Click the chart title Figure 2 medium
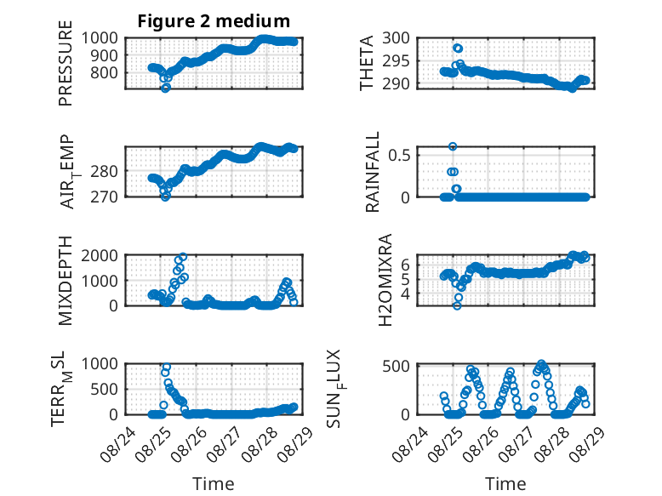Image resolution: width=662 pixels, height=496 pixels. pos(214,21)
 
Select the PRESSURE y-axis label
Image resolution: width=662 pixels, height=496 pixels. pos(66,63)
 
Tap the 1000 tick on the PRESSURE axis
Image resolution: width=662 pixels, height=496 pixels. pos(100,38)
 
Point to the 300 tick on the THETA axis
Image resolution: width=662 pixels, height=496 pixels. pos(396,38)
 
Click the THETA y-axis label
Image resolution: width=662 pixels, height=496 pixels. pos(367,63)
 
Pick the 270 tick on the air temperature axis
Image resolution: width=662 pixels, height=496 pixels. pos(105,197)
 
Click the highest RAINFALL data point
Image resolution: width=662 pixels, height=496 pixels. pos(453,146)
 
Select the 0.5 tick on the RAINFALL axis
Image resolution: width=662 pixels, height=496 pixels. pos(399,155)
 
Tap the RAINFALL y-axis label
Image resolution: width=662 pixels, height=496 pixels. pos(373,172)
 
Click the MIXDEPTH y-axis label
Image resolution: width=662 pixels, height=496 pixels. pos(66,281)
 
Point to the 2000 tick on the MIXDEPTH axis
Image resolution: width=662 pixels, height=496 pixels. pos(100,255)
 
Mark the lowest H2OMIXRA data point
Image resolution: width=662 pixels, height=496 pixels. pos(457,305)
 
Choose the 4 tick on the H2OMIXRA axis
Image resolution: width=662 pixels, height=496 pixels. pos(405,293)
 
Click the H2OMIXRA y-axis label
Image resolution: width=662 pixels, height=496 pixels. pos(385,280)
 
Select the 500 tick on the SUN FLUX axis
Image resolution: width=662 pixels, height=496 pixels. pos(396,366)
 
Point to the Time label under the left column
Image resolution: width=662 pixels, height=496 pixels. pos(214,484)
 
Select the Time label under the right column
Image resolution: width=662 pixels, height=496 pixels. pos(505,484)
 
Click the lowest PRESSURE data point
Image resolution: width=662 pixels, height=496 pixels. pos(165,88)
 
